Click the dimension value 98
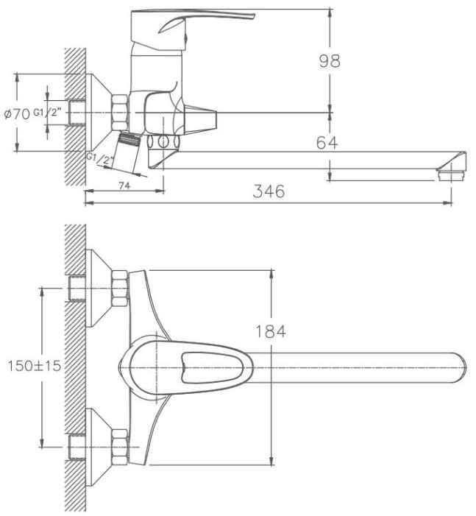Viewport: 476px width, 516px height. click(330, 61)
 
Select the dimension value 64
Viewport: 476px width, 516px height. click(327, 143)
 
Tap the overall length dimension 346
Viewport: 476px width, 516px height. click(269, 191)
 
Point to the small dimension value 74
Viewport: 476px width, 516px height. click(124, 186)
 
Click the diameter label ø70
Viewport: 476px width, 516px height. click(17, 113)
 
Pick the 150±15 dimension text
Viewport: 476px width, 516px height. click(35, 366)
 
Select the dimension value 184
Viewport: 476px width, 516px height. click(271, 331)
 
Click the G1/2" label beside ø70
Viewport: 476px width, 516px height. click(47, 113)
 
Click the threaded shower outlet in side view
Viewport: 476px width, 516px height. click(129, 138)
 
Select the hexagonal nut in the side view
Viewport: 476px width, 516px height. click(120, 112)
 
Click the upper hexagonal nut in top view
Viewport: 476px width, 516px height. click(120, 289)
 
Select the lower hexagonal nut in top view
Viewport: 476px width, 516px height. click(120, 447)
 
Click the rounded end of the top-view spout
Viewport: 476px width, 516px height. click(461, 368)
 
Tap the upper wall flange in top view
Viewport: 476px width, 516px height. click(99, 289)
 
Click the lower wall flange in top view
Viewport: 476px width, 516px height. click(99, 447)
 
